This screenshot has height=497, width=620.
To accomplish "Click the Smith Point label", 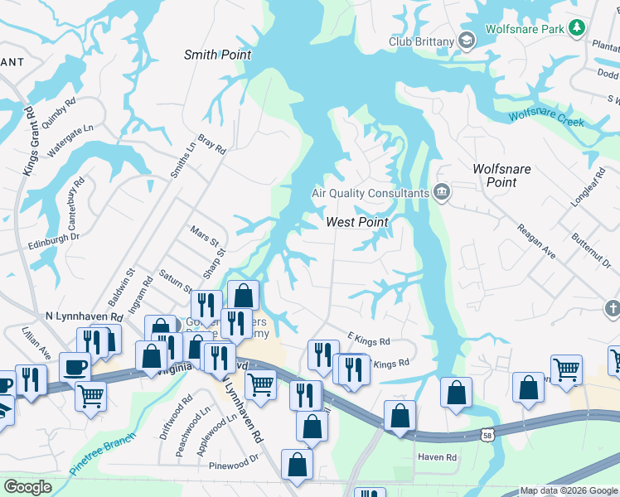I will tap(217, 55).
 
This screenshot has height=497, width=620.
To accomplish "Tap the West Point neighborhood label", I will tap(357, 222).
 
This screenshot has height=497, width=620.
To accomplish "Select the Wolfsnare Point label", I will tap(501, 175).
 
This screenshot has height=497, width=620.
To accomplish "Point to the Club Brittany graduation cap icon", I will tap(467, 41).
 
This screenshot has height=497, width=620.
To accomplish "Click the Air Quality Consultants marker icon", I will tap(442, 192).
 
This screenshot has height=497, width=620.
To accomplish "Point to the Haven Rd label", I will tap(438, 457).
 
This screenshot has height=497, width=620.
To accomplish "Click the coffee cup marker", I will tap(75, 365).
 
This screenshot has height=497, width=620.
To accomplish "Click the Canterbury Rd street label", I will tap(73, 204).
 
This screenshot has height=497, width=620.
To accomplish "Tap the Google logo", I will tap(27, 487).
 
